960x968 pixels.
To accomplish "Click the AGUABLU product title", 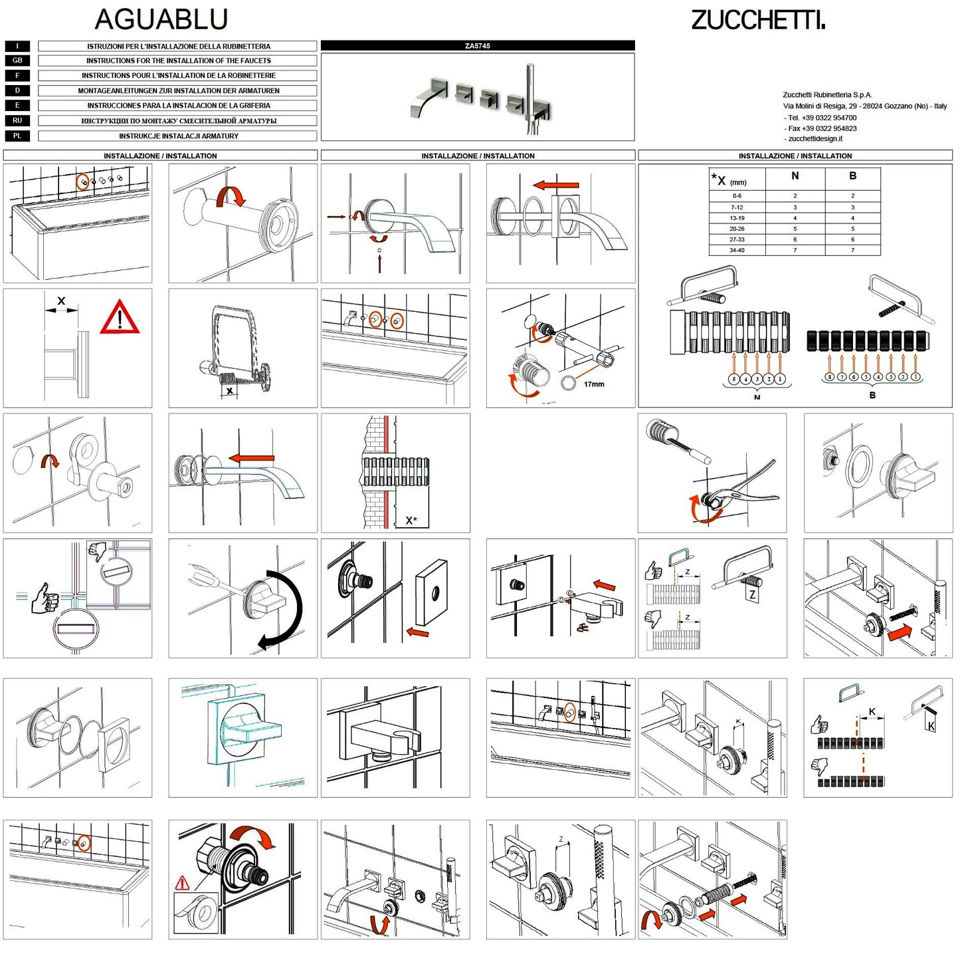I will click(161, 19).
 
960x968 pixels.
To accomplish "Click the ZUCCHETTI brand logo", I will click(758, 20).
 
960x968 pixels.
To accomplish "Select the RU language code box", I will click(17, 120).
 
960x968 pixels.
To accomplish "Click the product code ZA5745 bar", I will click(478, 46).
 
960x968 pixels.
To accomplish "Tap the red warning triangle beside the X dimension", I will click(120, 318).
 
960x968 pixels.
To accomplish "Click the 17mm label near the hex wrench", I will click(593, 384).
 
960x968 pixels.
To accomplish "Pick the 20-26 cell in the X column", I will click(737, 229).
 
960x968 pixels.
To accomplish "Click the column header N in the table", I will click(795, 176).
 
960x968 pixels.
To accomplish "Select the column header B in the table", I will click(852, 176).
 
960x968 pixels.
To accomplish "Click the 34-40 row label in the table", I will click(737, 250).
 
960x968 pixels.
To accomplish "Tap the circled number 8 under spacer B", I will click(829, 377).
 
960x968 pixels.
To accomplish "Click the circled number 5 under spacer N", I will click(733, 379).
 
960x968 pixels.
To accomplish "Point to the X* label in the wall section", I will click(411, 520).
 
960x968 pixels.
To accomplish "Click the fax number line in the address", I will click(822, 128).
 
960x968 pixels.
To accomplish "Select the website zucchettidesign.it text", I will click(815, 138).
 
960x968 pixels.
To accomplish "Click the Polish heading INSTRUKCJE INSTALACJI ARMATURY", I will click(178, 136).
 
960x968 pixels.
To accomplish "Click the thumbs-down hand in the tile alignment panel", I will click(98, 550).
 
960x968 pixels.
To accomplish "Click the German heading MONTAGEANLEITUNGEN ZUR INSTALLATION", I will click(178, 90).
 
